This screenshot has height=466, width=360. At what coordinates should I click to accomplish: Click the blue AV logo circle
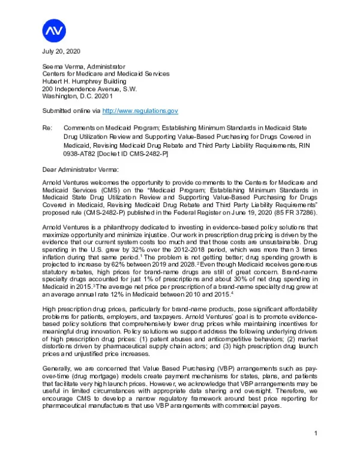tap(55, 29)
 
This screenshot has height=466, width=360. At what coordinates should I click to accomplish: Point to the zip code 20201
tap(101, 95)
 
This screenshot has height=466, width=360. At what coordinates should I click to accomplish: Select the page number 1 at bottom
tap(315, 434)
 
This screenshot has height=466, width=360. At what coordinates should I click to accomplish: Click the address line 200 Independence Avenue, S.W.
tap(89, 88)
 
